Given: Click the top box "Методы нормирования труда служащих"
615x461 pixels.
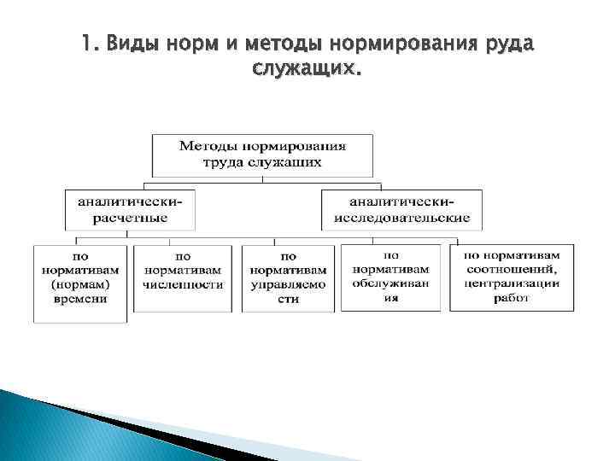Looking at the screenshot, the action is pyautogui.click(x=262, y=154).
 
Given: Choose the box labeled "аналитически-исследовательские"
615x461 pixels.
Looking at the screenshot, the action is pyautogui.click(x=401, y=209).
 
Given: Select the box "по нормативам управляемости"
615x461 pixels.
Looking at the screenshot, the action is pyautogui.click(x=288, y=277).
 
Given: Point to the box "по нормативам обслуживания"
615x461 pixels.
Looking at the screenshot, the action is pyautogui.click(x=391, y=277).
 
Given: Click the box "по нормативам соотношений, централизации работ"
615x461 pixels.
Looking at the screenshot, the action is pyautogui.click(x=511, y=277).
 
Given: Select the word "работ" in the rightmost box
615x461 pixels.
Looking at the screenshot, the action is pyautogui.click(x=511, y=298).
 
